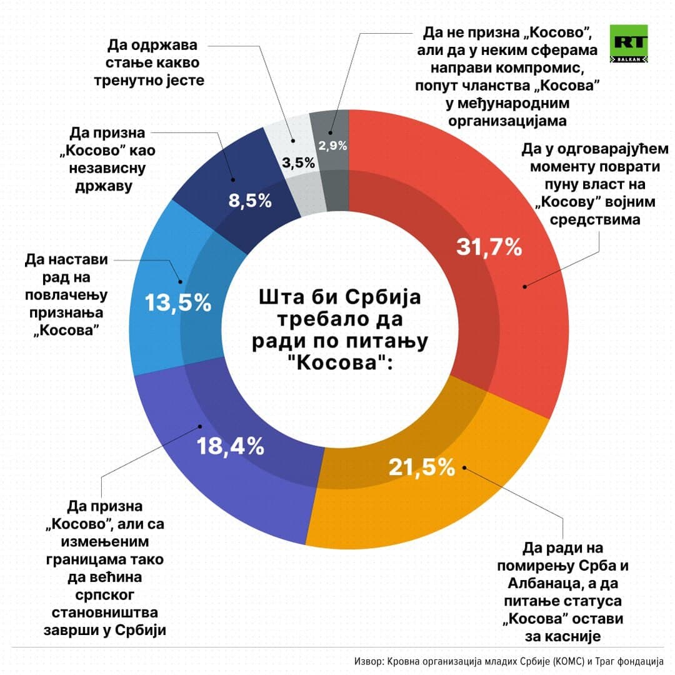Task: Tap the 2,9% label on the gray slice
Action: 333,146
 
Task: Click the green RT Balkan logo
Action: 630,44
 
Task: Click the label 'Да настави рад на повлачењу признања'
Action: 64,293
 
